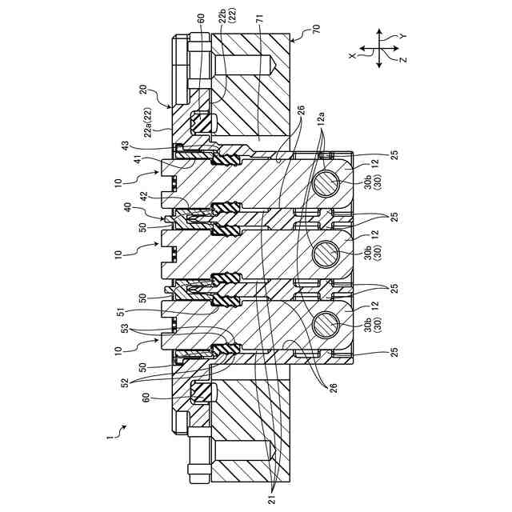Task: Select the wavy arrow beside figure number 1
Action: (x=119, y=430)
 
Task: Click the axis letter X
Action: (x=352, y=56)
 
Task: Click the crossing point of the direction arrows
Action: (x=379, y=50)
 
